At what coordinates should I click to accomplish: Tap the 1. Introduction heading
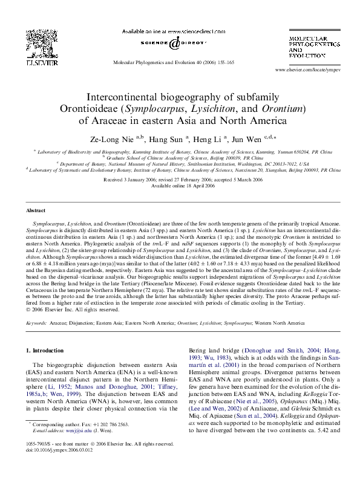tap(47, 351)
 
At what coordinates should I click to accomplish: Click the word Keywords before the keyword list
tap(37, 323)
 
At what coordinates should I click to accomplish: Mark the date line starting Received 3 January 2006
tap(180, 180)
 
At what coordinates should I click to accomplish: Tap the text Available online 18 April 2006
tap(180, 186)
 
